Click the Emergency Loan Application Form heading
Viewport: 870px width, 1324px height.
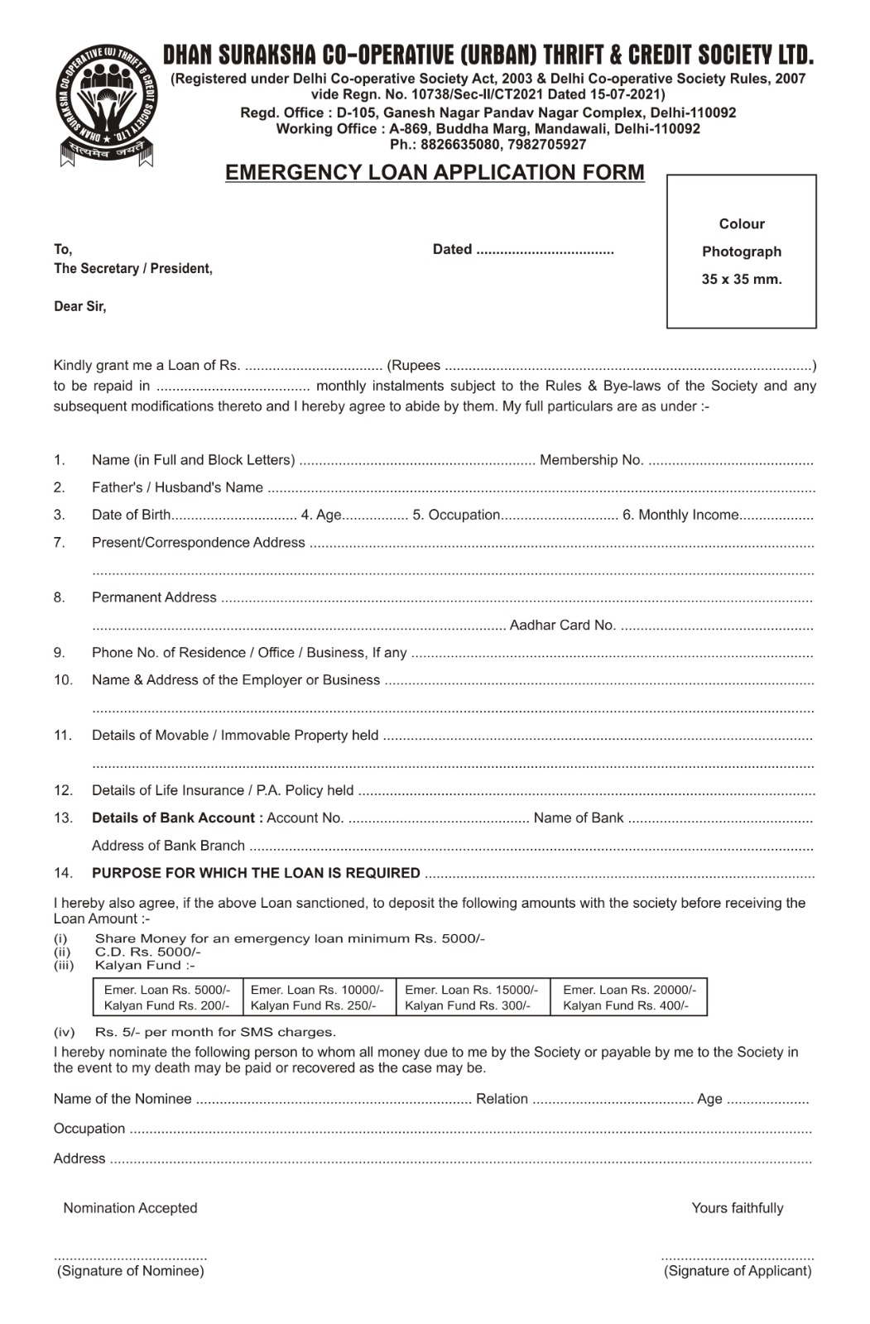tap(435, 172)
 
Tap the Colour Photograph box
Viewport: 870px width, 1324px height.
tap(741, 252)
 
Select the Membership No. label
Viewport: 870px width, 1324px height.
tap(591, 460)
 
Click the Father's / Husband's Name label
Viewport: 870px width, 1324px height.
tap(177, 487)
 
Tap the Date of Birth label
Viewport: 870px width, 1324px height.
tap(131, 515)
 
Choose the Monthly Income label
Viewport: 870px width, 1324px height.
tap(680, 515)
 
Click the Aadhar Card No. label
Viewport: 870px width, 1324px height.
tap(562, 625)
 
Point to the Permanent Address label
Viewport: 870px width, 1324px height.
tap(154, 597)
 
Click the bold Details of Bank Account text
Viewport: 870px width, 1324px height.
tap(177, 818)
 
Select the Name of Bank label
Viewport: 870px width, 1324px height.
tap(578, 818)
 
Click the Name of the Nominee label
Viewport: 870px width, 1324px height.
tap(123, 1099)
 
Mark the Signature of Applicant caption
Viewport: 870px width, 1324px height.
tap(738, 1271)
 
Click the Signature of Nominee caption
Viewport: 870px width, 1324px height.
tap(131, 1271)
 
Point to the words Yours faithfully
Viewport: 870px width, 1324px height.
tap(737, 1208)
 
